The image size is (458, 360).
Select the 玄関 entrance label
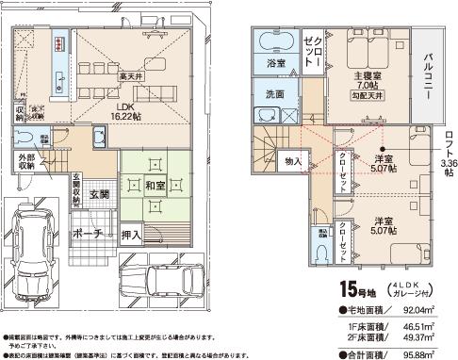pyautogui.click(x=99, y=193)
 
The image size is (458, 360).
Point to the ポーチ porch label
pyautogui.click(x=90, y=234)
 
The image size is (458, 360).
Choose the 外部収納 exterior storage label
pyautogui.click(x=25, y=161)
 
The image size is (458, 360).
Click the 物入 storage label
pyautogui.click(x=292, y=162)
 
